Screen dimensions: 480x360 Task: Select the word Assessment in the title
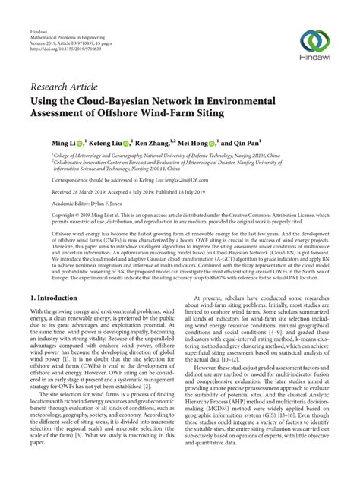click(66, 114)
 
